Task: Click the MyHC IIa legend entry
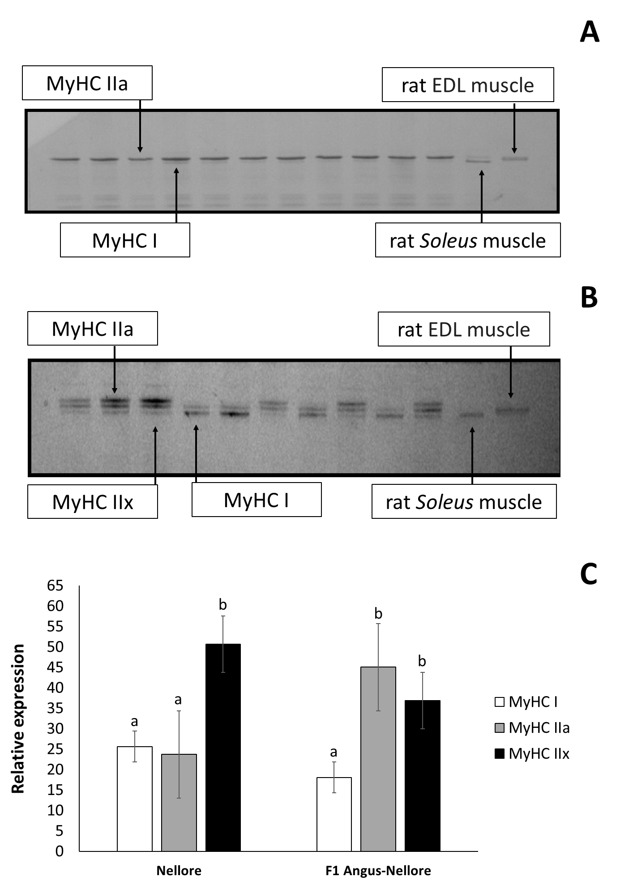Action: [x=532, y=727]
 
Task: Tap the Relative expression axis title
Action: [x=18, y=719]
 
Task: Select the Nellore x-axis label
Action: [x=179, y=870]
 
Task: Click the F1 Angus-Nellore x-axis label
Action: [x=378, y=870]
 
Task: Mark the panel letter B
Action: [x=589, y=298]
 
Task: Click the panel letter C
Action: [x=589, y=574]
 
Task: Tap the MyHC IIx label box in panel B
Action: [x=93, y=502]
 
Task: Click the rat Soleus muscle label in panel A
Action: [x=468, y=240]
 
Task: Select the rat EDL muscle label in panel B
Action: [x=464, y=329]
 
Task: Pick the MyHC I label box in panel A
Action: [x=125, y=240]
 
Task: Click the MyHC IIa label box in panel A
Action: [x=87, y=83]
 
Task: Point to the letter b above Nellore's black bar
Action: [x=222, y=605]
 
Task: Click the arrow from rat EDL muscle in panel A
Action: [x=514, y=128]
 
